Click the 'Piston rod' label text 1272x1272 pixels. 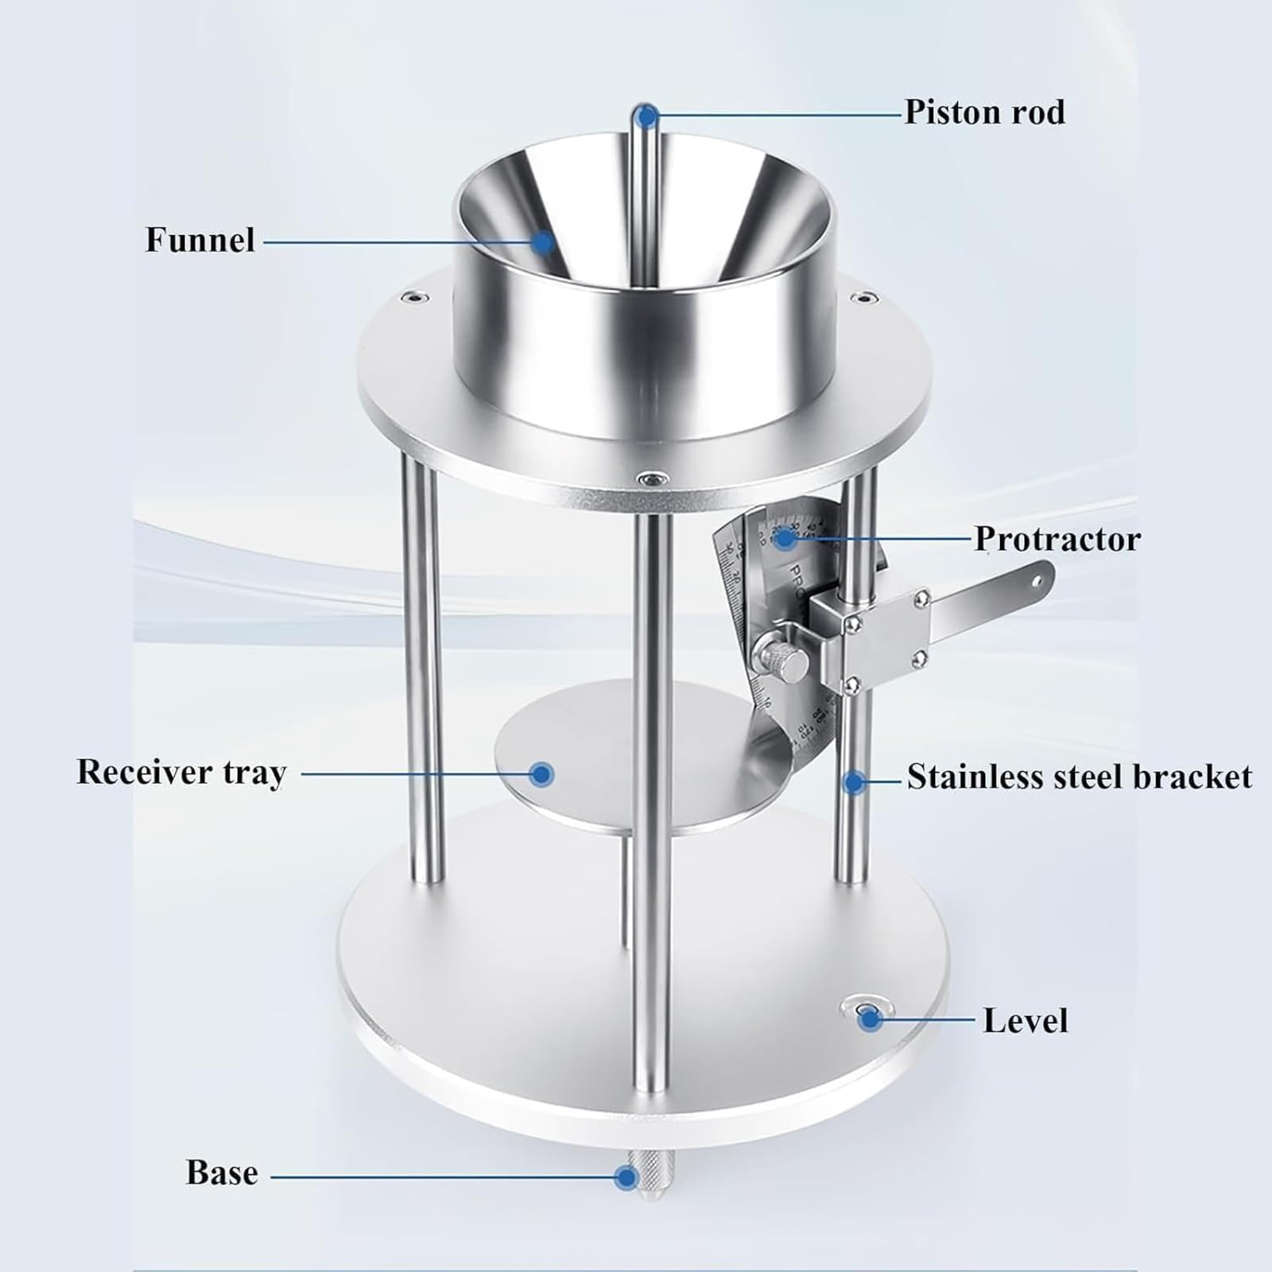985,112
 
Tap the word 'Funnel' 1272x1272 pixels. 200,240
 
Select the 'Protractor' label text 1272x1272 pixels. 1057,539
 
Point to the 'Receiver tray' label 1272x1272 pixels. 181,773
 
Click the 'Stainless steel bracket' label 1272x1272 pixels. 1080,777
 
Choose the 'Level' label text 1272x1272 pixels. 1026,1021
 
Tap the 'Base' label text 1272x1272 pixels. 222,1173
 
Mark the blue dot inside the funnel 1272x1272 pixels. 543,242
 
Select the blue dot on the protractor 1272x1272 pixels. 785,539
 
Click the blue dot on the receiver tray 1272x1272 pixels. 542,774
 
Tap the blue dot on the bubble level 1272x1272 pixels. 870,1018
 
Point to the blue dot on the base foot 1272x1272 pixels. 627,1177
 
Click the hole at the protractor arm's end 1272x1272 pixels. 1037,580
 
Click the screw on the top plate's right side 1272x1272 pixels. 859,299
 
